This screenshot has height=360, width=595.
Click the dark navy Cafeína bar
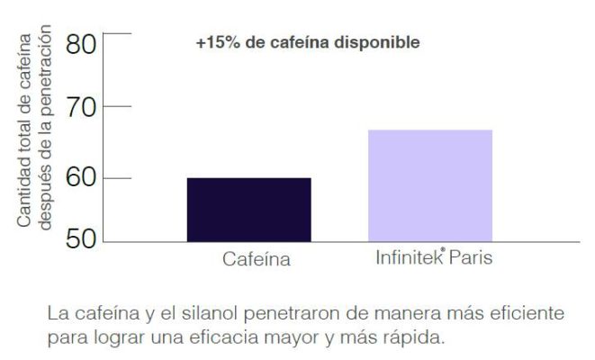pos(248,210)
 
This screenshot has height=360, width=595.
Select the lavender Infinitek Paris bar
pos(430,185)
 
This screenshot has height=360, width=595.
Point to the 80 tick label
pos(81,44)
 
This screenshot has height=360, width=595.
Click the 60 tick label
pos(81,177)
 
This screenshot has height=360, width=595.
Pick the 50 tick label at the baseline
pos(81,240)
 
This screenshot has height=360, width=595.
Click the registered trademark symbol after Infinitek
pos(444,253)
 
